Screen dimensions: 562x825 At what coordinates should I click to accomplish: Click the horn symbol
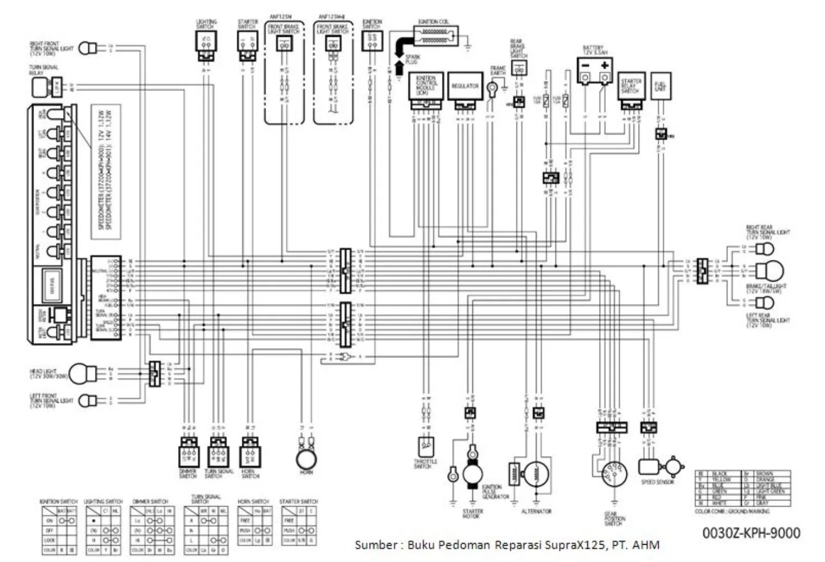[306, 459]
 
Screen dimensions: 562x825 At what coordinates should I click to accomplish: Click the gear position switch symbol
[613, 474]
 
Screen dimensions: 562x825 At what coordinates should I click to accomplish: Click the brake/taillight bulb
[770, 272]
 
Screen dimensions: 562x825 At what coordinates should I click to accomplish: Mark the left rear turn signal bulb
[765, 303]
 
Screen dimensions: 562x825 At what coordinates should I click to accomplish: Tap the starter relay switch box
[631, 87]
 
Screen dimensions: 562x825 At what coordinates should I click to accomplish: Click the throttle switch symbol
[426, 447]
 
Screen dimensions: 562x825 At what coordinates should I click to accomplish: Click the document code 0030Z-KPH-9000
[751, 533]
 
